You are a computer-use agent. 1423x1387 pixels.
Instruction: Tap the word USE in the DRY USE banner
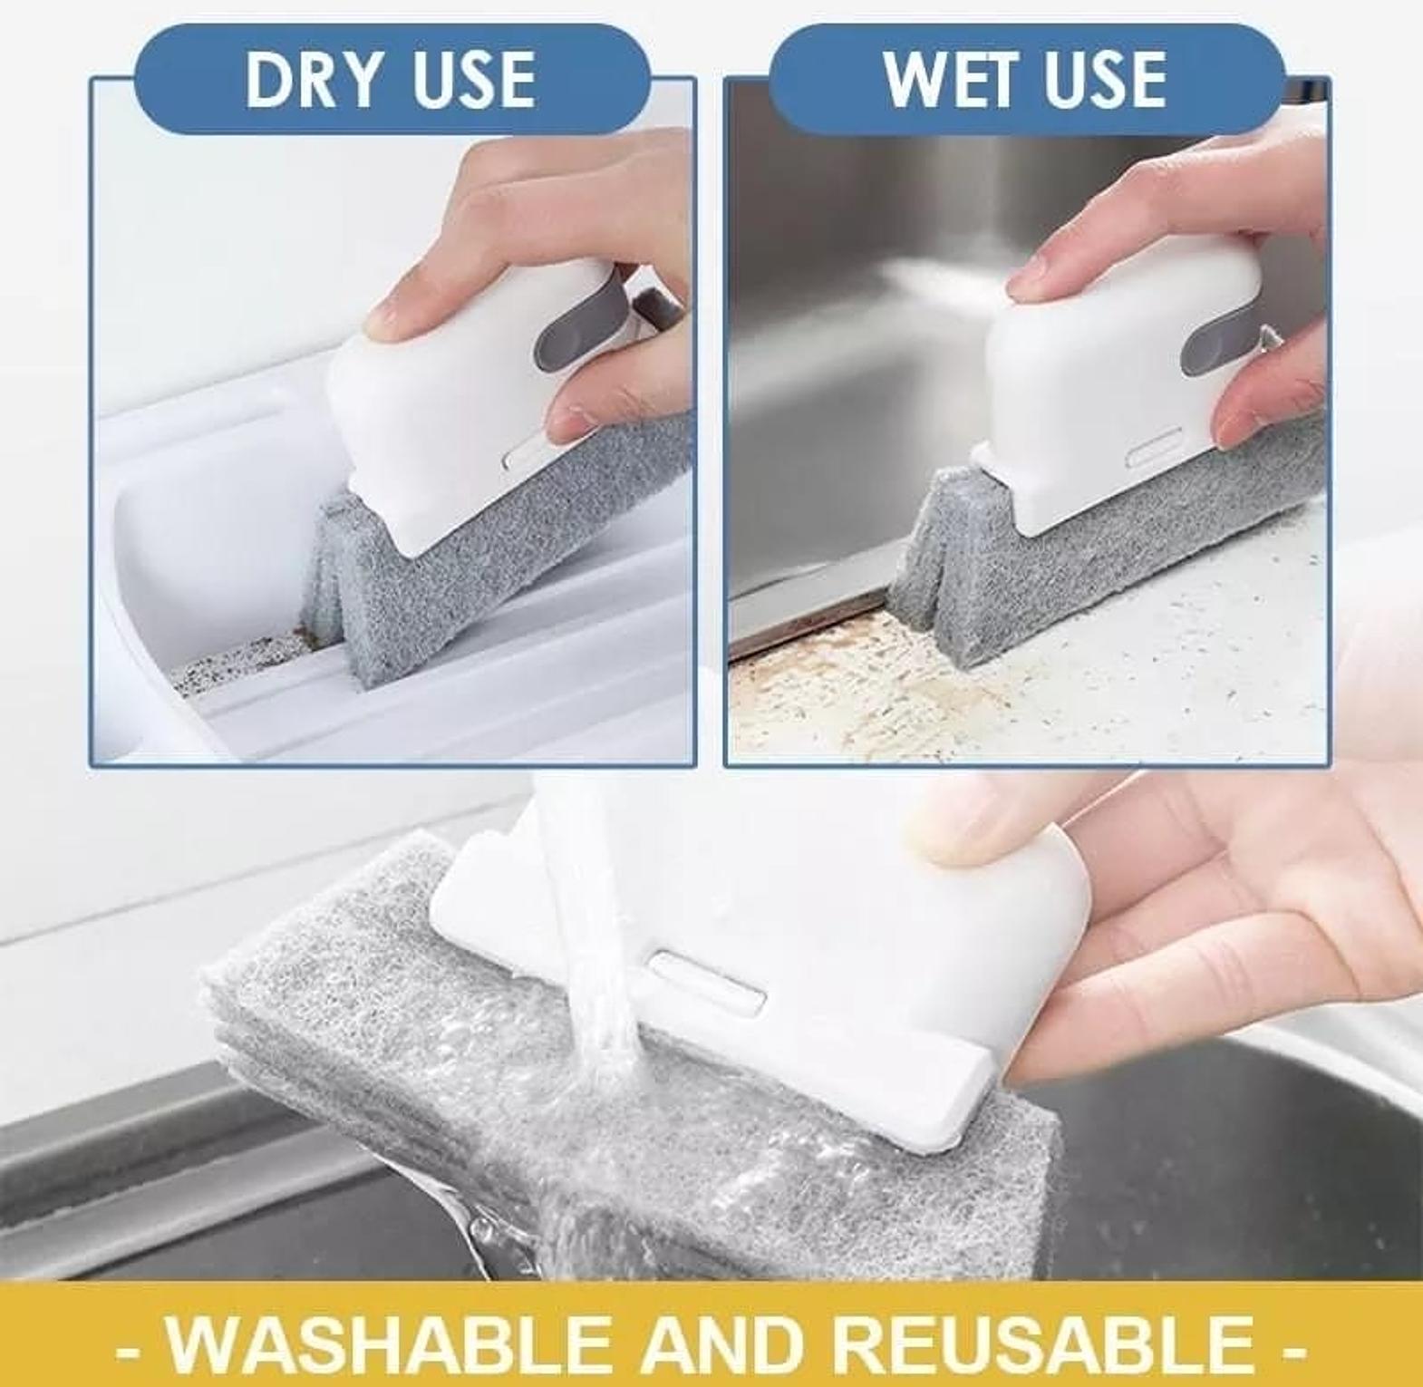tap(473, 79)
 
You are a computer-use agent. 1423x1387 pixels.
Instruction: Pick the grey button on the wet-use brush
tap(1219, 335)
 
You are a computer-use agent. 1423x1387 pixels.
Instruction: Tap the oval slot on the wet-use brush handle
tap(1154, 448)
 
